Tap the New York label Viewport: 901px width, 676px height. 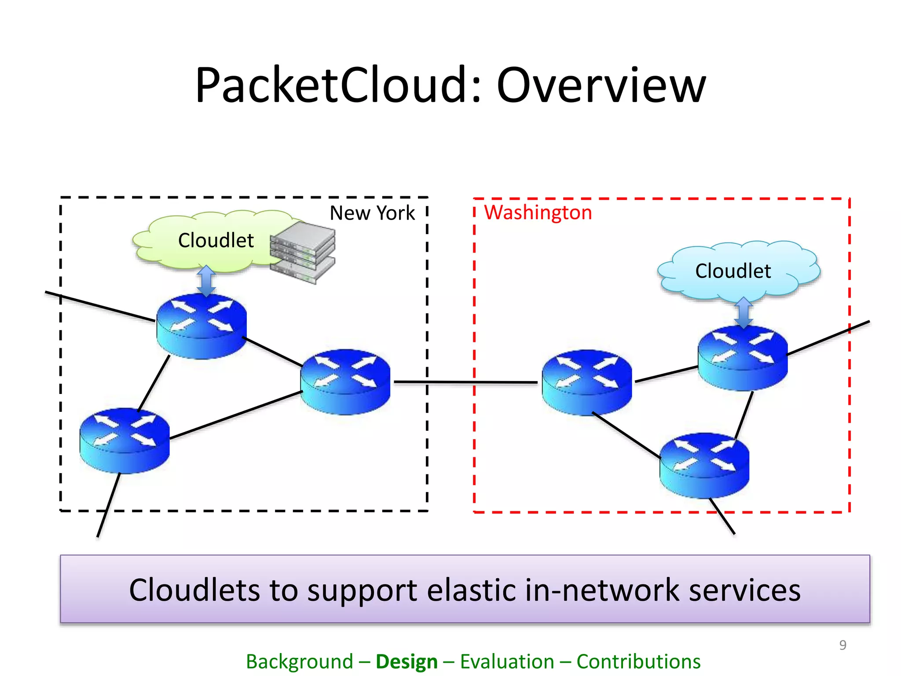(x=372, y=213)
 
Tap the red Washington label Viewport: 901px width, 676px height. (x=538, y=213)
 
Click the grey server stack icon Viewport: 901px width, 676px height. (x=303, y=252)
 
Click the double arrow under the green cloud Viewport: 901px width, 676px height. (x=206, y=280)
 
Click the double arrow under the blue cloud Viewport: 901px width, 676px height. (x=744, y=312)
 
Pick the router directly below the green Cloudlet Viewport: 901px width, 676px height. (x=201, y=326)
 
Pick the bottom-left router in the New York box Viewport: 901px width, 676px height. (x=125, y=440)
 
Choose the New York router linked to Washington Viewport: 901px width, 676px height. (x=345, y=382)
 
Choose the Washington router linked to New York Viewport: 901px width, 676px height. (x=587, y=382)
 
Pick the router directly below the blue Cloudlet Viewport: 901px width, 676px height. (x=743, y=357)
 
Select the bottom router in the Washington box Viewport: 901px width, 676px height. (x=704, y=465)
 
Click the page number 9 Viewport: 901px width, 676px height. (x=842, y=645)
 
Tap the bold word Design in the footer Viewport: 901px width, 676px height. (x=407, y=661)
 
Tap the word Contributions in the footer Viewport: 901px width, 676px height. (x=638, y=661)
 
